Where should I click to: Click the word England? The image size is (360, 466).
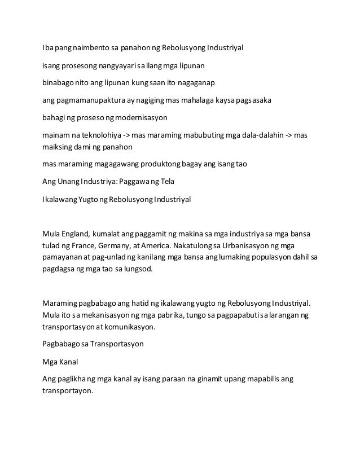(x=75, y=234)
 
